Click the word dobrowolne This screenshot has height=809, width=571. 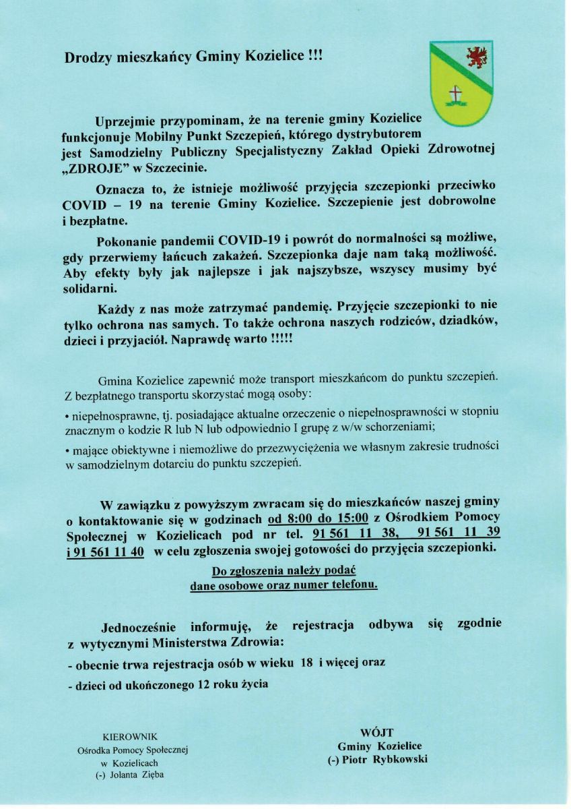coord(458,204)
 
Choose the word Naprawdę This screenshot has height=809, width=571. coord(205,340)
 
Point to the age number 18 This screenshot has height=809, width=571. coord(306,663)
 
